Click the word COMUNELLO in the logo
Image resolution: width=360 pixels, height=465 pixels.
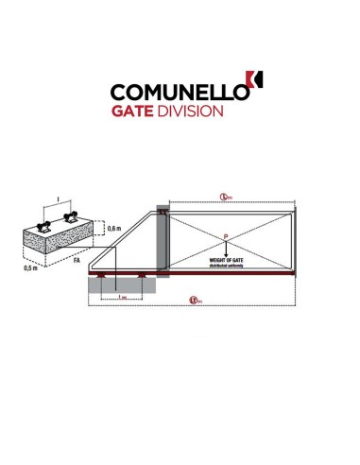178,93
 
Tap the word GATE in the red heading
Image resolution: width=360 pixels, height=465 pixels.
137,112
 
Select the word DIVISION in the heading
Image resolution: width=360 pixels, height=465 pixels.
195,112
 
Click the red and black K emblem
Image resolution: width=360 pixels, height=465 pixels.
252,83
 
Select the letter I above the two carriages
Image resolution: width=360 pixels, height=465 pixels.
59,199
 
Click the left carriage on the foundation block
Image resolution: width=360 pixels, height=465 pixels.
43,225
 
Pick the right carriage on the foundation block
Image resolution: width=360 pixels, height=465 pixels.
73,219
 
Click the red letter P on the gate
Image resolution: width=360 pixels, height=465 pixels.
225,235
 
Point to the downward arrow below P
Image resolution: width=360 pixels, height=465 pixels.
226,247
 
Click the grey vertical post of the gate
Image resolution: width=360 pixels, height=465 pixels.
163,241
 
